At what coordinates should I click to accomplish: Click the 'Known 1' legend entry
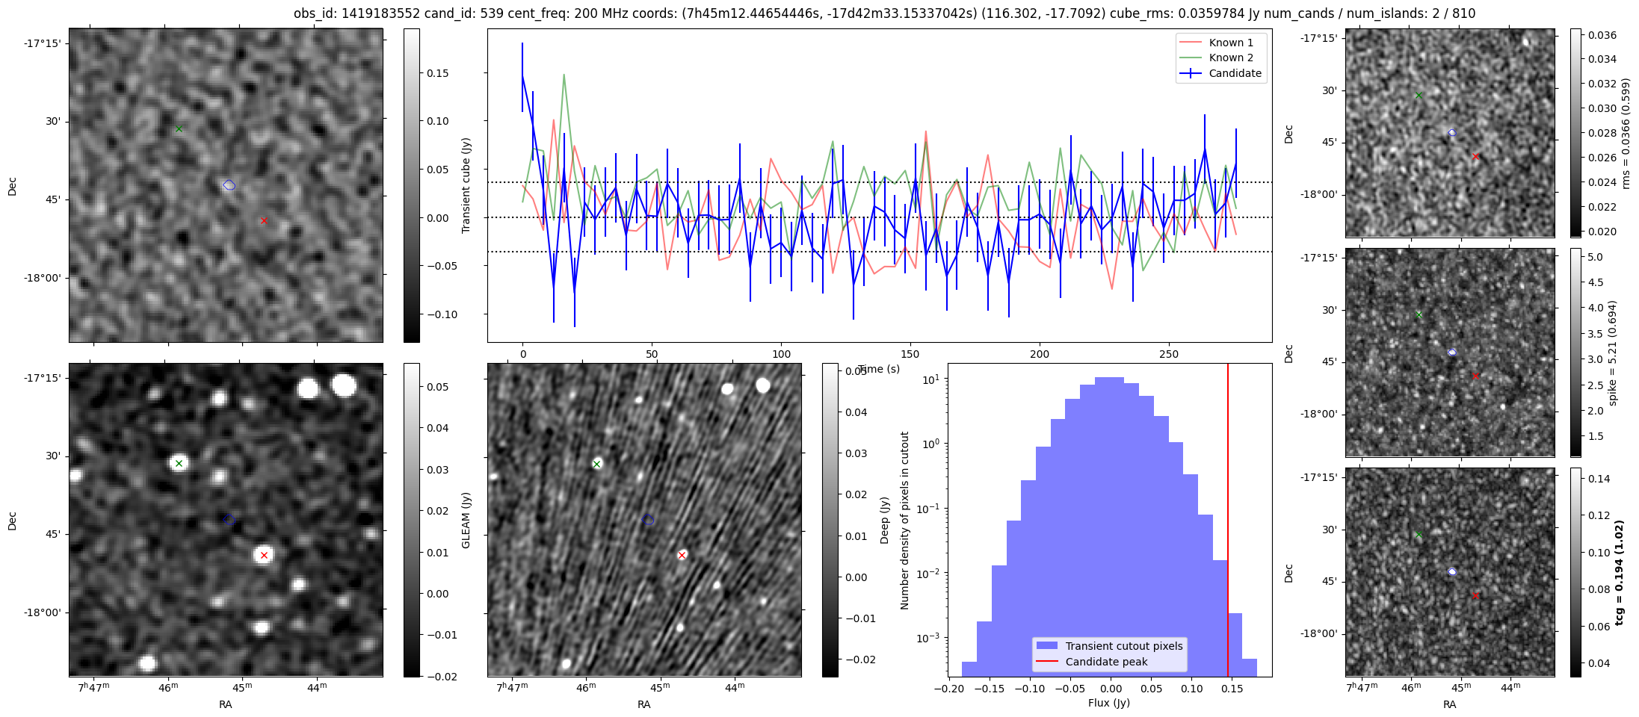(1230, 43)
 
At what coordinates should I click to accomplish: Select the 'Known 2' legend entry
(1230, 58)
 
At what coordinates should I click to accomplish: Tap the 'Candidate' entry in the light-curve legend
(1235, 73)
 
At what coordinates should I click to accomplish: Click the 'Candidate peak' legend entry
(1106, 662)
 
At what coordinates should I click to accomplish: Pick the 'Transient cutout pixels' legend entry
(1123, 646)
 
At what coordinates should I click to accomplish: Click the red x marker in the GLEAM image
(264, 555)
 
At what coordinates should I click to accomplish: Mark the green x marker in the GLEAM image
(179, 463)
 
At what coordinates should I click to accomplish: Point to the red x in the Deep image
(682, 555)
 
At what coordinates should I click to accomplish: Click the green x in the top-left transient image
(179, 128)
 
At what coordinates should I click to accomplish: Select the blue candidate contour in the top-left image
(229, 185)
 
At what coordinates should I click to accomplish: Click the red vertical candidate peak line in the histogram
(1228, 523)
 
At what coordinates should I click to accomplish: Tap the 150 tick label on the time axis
(910, 354)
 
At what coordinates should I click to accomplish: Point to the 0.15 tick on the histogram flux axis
(1232, 689)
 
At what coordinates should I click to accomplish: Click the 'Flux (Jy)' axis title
(1109, 703)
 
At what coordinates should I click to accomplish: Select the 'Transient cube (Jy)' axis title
(466, 185)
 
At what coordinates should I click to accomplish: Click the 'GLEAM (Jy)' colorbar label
(466, 520)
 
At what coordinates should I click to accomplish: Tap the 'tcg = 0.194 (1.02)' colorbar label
(1619, 572)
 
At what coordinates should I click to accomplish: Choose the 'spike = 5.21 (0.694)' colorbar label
(1612, 353)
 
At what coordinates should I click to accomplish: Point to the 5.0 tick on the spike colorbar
(1595, 257)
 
